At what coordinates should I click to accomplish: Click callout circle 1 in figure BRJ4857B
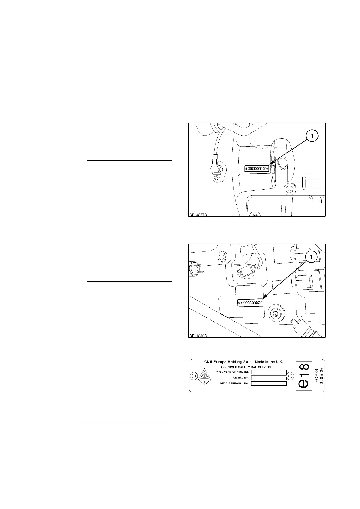(x=312, y=136)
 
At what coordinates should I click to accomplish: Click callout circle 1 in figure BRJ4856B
(x=312, y=257)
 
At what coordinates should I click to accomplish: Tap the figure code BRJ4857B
(x=198, y=215)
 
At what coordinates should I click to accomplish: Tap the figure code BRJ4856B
(x=198, y=336)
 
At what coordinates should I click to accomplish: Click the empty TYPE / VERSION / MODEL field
(x=269, y=372)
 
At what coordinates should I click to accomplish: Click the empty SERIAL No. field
(x=269, y=378)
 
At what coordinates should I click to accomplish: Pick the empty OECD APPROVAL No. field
(x=269, y=384)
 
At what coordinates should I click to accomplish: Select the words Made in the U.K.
(x=269, y=362)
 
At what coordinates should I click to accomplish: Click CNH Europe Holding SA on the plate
(x=226, y=362)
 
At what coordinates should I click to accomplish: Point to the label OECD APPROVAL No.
(x=234, y=384)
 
